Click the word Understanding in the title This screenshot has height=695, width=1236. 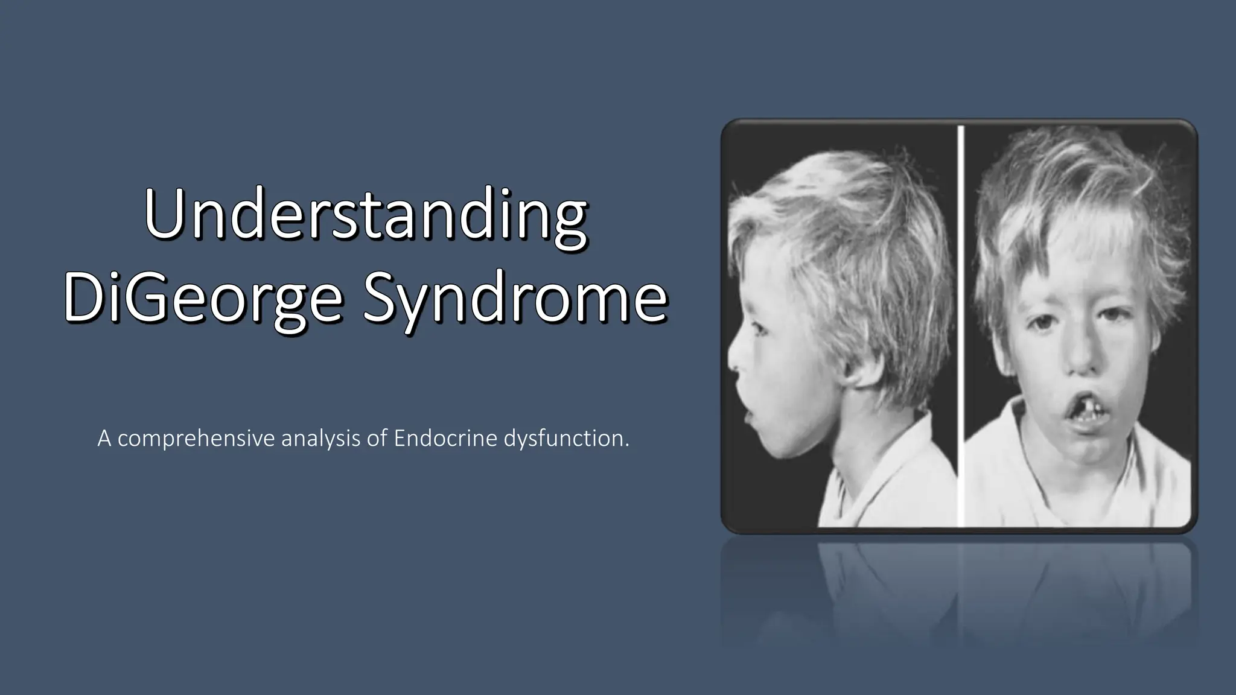click(x=366, y=215)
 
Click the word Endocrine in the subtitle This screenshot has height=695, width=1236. click(x=445, y=439)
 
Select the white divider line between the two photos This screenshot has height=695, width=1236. click(x=961, y=326)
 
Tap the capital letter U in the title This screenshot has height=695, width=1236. click(x=164, y=215)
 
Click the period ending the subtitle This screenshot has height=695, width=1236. click(x=626, y=446)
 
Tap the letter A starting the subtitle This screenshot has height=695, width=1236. click(x=104, y=439)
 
